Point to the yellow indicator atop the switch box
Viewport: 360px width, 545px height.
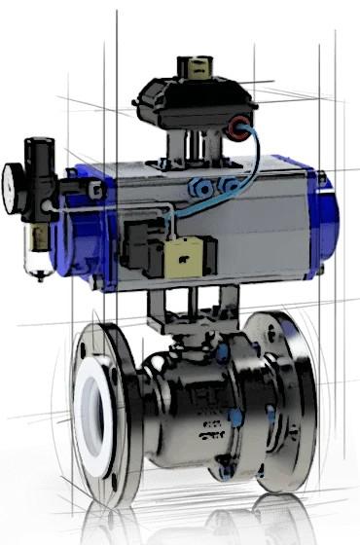click(191, 68)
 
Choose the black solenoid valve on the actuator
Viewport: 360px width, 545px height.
click(141, 243)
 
